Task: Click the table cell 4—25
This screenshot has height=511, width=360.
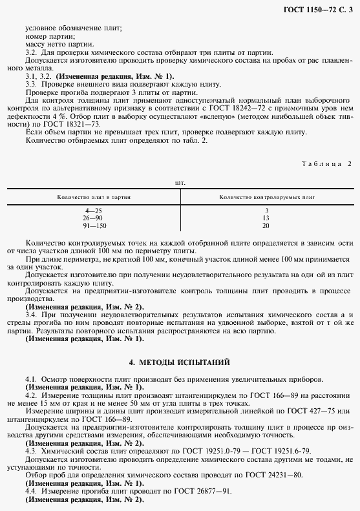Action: click(x=94, y=211)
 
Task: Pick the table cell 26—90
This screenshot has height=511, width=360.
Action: click(x=94, y=218)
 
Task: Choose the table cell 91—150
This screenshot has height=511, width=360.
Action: click(x=94, y=225)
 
